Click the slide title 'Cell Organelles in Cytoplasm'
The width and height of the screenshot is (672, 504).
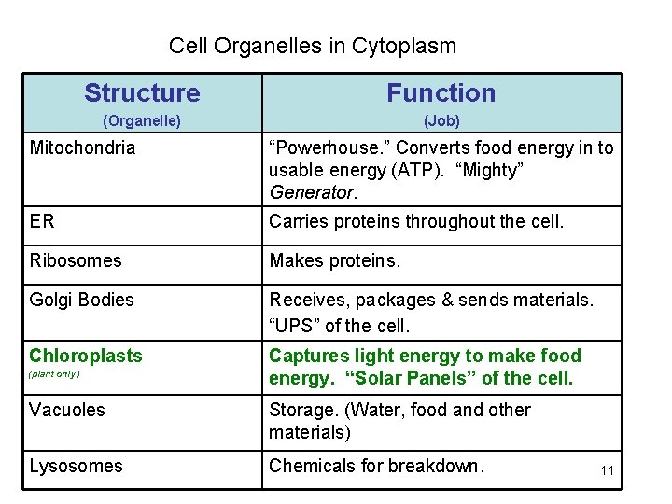[313, 45]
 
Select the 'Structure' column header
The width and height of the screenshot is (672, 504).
[142, 92]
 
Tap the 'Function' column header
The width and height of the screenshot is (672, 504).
[441, 92]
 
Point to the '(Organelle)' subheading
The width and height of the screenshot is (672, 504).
[141, 120]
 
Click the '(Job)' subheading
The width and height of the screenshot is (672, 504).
[441, 120]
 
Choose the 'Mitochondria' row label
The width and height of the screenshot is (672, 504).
[82, 147]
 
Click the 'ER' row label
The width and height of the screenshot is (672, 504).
[42, 221]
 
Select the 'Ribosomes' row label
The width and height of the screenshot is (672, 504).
[76, 260]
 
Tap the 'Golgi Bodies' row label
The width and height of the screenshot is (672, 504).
[81, 300]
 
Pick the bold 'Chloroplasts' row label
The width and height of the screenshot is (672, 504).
[86, 356]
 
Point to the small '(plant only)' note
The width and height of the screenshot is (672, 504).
[54, 374]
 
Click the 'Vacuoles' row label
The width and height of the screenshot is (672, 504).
[67, 410]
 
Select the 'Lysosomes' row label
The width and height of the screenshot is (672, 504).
[76, 466]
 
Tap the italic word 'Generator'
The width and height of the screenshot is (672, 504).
[313, 193]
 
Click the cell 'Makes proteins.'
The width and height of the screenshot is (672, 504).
[334, 260]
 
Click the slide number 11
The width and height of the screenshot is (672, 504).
[607, 470]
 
